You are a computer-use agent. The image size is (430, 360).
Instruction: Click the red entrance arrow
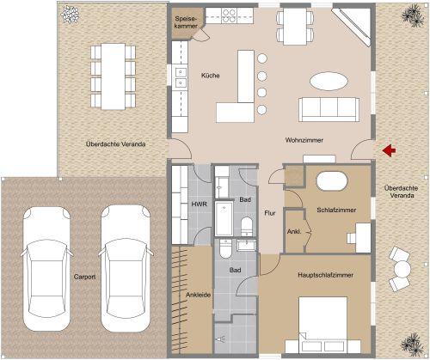pos(389,151)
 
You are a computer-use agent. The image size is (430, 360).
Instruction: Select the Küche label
pos(211,76)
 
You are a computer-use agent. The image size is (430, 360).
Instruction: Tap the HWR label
pos(196,206)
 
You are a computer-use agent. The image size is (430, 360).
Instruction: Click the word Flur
pos(269,212)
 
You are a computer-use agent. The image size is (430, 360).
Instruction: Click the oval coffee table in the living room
pos(330,80)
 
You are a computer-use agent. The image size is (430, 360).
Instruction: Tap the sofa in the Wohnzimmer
pos(329,109)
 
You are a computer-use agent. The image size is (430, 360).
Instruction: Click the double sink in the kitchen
pos(181,78)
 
